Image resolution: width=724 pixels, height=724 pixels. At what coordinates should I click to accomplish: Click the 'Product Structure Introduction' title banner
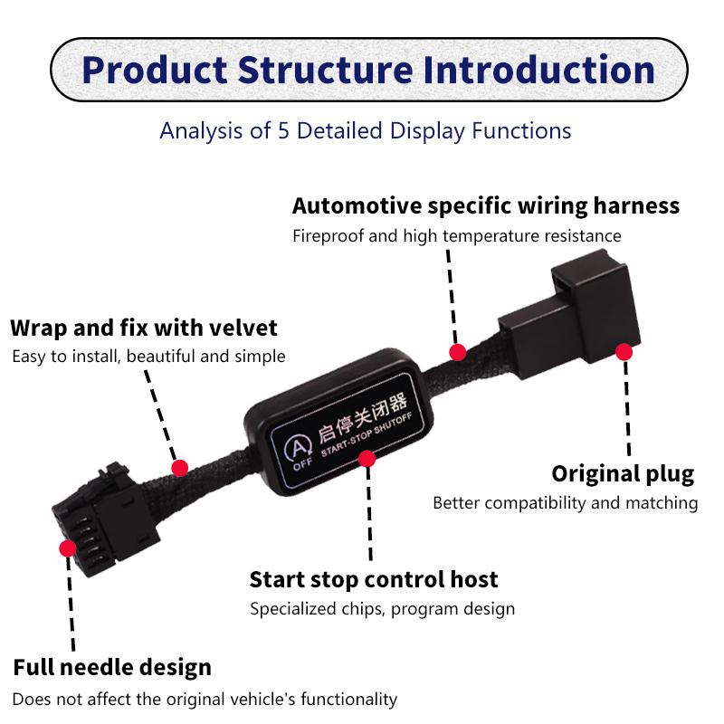point(366,70)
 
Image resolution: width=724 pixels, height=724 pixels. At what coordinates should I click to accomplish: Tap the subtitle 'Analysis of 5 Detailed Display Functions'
point(365,130)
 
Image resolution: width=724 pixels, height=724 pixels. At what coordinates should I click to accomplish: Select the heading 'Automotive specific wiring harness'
point(485,205)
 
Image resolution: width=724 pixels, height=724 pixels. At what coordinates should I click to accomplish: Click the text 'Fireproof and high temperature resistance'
point(456,235)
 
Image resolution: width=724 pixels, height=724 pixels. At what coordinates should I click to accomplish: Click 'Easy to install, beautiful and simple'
point(148,356)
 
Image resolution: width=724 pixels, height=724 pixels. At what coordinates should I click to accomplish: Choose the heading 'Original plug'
point(623,473)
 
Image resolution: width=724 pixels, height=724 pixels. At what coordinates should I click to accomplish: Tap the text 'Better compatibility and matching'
point(565,502)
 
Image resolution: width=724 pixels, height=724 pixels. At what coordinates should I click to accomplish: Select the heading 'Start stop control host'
point(374,578)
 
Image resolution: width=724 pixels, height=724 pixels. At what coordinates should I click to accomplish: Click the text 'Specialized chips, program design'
point(382,609)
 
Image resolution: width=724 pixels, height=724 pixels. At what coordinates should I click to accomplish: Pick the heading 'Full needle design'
point(112,668)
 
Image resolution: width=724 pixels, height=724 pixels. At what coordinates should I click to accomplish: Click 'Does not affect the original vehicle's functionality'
point(205,699)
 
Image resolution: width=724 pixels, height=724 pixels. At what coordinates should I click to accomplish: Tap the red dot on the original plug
point(623,350)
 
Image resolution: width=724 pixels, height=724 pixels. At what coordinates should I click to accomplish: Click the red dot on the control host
point(367,459)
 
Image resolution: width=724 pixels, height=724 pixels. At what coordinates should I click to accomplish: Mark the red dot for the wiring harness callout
point(458,352)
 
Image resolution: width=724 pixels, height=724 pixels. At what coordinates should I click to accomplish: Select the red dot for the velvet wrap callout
point(180,467)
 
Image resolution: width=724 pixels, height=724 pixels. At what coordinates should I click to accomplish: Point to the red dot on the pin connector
point(67,548)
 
